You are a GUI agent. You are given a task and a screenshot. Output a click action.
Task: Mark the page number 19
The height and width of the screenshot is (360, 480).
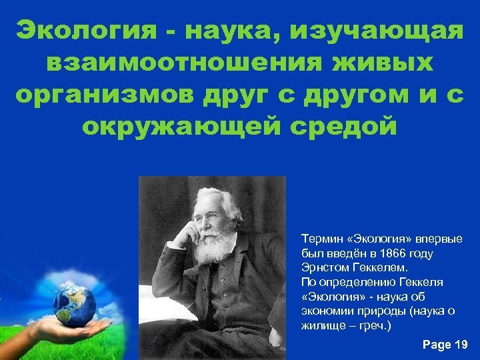point(461,345)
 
